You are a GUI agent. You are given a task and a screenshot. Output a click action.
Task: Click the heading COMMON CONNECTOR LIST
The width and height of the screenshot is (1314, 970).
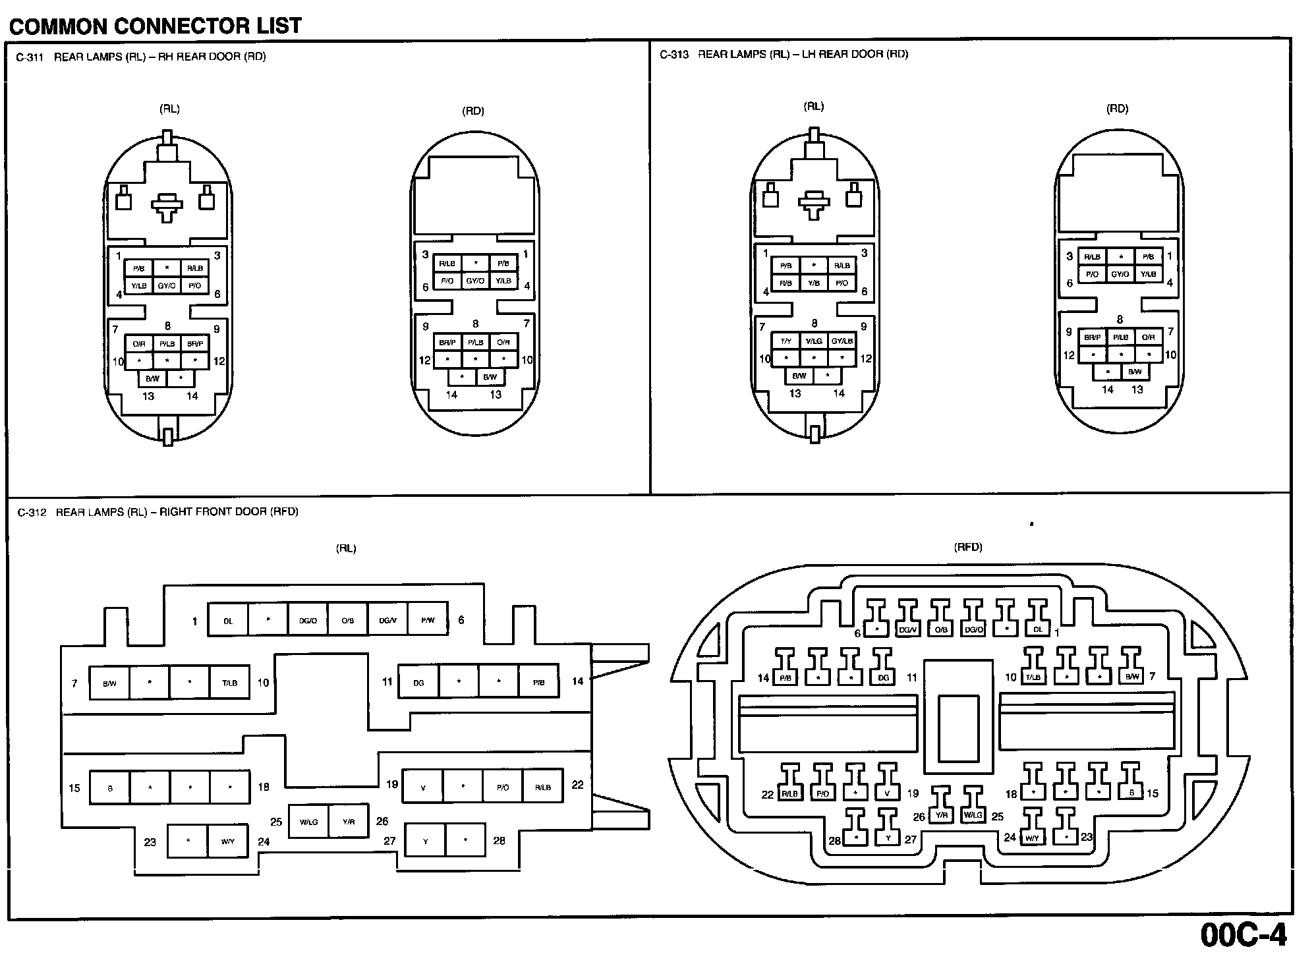point(156,26)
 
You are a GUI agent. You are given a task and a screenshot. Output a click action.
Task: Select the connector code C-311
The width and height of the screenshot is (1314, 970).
point(30,57)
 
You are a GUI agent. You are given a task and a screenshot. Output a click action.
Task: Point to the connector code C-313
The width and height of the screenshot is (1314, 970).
point(673,55)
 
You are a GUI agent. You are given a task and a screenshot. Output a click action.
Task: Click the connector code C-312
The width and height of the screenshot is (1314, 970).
point(32,512)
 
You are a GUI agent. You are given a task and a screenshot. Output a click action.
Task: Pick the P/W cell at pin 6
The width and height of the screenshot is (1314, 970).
point(428,620)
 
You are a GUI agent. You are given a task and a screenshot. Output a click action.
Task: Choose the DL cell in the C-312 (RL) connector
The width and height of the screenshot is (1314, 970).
point(228,621)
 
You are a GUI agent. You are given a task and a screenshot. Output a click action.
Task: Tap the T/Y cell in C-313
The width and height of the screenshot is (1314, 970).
point(786,341)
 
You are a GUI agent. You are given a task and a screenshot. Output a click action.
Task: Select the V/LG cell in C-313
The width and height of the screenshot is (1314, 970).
point(814,341)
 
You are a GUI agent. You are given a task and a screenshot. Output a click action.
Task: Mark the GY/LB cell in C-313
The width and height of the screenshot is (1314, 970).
point(842,341)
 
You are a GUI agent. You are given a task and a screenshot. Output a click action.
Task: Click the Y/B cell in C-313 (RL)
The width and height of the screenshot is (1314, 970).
point(814,283)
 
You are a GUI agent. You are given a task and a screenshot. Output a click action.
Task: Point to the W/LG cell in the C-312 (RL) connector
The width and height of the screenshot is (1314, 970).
point(308,822)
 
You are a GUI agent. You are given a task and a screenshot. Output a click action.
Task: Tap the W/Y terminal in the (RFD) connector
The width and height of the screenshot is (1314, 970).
point(1031,838)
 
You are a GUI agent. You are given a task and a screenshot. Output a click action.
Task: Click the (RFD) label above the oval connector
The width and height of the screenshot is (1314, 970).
point(967,547)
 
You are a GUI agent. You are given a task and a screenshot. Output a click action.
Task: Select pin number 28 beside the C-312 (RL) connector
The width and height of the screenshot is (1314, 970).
point(500,841)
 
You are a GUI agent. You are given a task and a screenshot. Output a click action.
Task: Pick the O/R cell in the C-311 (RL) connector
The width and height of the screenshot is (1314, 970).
point(139,344)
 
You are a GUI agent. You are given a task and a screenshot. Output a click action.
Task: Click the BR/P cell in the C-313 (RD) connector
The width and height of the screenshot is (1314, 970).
point(1092,337)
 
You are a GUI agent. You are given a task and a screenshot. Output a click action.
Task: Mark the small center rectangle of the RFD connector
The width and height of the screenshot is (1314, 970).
point(957,729)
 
